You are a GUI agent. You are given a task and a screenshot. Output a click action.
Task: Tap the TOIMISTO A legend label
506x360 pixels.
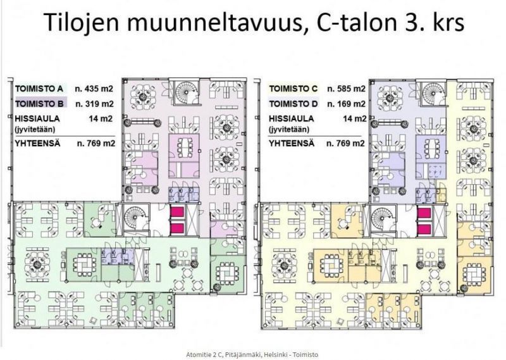tap(39, 89)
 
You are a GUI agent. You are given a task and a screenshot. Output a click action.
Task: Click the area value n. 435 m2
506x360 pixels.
tap(95, 89)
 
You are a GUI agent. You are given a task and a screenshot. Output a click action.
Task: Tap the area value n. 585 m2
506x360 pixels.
tap(346, 89)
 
